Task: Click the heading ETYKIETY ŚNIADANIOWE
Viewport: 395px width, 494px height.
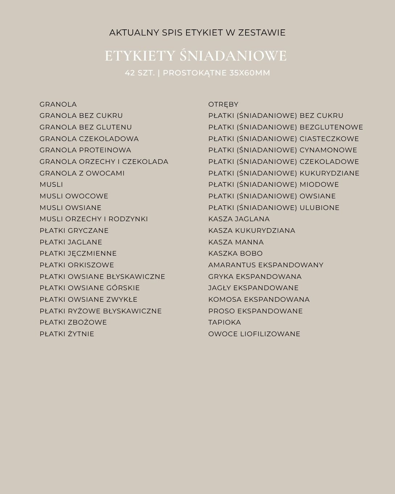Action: coord(196,56)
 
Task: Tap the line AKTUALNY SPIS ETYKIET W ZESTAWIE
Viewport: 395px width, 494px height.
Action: coord(197,33)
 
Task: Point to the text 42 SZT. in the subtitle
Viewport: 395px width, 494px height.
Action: coord(140,73)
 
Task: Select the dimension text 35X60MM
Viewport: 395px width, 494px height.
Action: coord(250,73)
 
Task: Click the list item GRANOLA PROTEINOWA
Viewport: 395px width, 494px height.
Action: coord(85,150)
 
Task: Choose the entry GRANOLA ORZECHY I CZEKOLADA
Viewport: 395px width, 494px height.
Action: coord(104,162)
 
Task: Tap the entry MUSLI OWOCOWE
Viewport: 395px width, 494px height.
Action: coord(74,196)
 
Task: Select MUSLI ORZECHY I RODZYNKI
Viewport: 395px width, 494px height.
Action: coord(94,219)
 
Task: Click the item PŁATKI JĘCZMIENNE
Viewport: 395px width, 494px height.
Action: coord(78,254)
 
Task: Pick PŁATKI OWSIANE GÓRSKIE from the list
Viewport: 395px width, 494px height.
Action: coord(90,288)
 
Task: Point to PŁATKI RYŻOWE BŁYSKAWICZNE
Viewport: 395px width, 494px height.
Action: coord(100,311)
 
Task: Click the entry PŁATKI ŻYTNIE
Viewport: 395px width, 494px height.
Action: coord(67,334)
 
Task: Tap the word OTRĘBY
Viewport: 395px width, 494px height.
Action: coord(223,104)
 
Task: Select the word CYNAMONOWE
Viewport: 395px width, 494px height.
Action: coord(328,150)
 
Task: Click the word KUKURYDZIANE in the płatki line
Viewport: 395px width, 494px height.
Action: coord(329,173)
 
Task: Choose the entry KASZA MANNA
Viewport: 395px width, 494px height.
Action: coord(236,242)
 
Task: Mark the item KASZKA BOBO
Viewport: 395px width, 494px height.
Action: coord(235,254)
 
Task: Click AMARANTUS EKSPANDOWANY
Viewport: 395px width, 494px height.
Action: coord(266,265)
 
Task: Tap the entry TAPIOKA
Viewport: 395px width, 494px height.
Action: coord(225,322)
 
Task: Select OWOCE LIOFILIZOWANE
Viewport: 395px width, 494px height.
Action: coord(254,334)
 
